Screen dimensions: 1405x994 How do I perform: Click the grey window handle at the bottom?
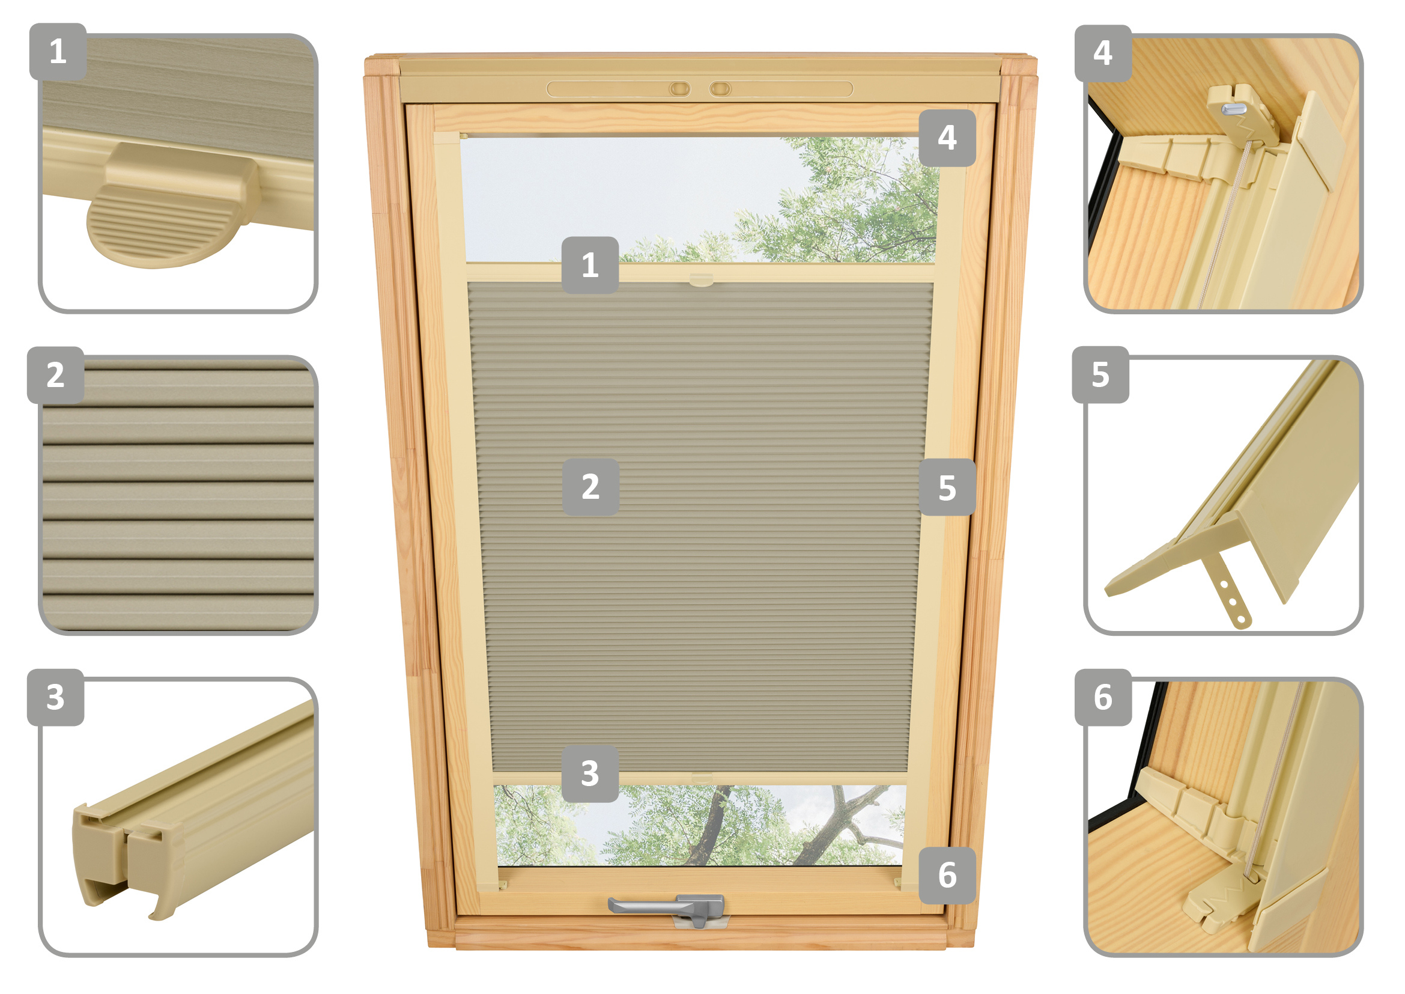(x=667, y=907)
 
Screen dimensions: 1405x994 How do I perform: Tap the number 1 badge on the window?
(x=590, y=265)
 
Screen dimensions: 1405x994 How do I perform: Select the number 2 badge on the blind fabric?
(x=590, y=487)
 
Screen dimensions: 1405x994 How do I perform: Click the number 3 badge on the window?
(x=590, y=773)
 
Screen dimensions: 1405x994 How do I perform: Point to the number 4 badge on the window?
(x=947, y=138)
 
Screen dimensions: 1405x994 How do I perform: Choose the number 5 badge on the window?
(x=947, y=487)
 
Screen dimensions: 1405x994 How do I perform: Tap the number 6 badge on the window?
(x=947, y=875)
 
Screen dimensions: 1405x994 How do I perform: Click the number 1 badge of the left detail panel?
(x=58, y=52)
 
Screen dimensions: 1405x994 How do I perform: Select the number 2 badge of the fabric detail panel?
(x=56, y=375)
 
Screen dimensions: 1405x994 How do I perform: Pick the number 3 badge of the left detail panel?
(x=56, y=698)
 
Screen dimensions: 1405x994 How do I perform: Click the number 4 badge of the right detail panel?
(x=1103, y=53)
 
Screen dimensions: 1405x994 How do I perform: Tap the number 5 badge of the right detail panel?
(x=1100, y=374)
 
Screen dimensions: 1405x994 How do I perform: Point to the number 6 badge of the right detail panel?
(x=1103, y=698)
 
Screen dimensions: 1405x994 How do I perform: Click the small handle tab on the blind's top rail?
(x=701, y=280)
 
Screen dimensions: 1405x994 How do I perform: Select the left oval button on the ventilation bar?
(x=679, y=90)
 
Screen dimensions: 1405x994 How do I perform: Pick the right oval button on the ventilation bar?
(x=720, y=90)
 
